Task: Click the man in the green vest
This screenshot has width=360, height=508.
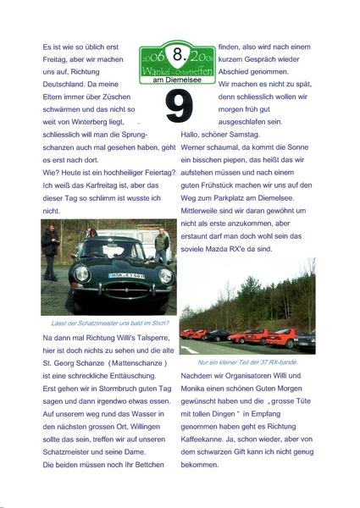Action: tap(161, 245)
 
